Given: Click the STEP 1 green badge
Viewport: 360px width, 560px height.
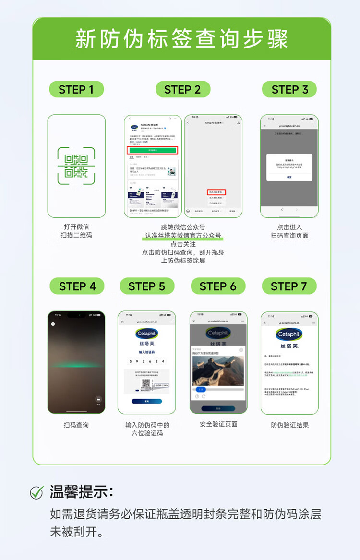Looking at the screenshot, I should tap(76, 90).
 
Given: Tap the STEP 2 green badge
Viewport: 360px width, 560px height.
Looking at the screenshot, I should tap(182, 90).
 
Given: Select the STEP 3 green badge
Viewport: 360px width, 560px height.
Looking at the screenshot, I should tap(289, 90).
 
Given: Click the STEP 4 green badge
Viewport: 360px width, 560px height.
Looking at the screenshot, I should tap(77, 286).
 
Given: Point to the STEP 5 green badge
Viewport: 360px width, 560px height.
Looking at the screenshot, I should tap(146, 286).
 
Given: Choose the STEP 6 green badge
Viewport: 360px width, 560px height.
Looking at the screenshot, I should tap(218, 286).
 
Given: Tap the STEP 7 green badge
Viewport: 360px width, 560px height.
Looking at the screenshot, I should tap(289, 286).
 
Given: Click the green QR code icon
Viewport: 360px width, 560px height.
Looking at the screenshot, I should tap(76, 166).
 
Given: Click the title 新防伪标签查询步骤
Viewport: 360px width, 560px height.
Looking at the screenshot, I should tap(181, 39).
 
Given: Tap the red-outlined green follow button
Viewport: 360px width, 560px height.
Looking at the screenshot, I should tap(153, 150).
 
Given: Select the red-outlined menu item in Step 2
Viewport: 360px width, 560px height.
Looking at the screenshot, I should tap(217, 192).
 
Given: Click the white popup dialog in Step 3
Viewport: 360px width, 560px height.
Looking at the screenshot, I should tap(289, 167).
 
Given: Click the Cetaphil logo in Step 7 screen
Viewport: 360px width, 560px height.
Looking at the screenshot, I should tap(289, 334).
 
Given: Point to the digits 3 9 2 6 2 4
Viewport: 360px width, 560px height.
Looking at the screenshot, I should tap(146, 361).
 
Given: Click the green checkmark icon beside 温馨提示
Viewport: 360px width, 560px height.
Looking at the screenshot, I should tap(37, 492).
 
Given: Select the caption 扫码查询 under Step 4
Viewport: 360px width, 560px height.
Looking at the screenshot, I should tap(76, 425).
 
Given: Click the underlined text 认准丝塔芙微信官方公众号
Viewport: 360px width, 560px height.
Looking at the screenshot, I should tap(183, 236).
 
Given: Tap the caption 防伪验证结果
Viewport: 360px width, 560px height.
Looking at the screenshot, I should tap(289, 425).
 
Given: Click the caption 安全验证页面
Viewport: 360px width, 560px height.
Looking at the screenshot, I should tap(218, 424).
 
